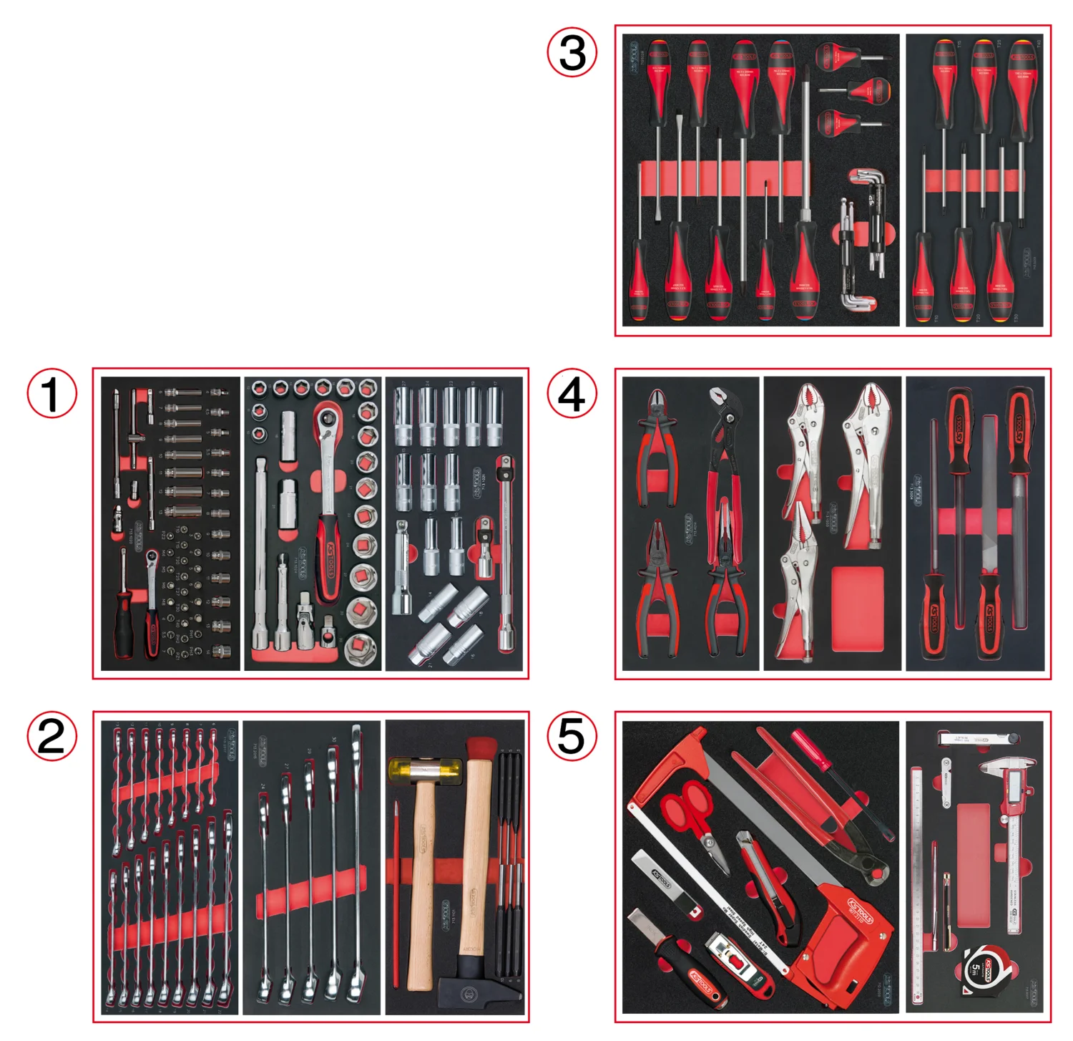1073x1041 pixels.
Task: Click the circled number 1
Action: click(x=52, y=394)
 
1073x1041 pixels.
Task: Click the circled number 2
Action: click(x=52, y=736)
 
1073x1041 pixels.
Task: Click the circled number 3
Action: click(x=572, y=52)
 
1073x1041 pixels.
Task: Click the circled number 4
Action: click(x=572, y=394)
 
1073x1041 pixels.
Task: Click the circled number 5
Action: click(x=572, y=736)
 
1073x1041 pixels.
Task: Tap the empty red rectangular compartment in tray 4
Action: click(x=858, y=609)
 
